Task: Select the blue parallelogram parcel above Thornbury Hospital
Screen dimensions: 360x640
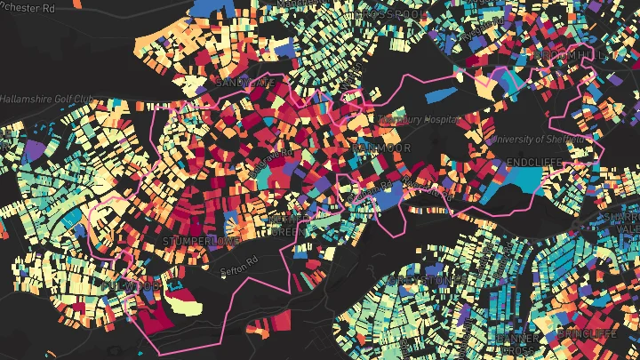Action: pos(444,94)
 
